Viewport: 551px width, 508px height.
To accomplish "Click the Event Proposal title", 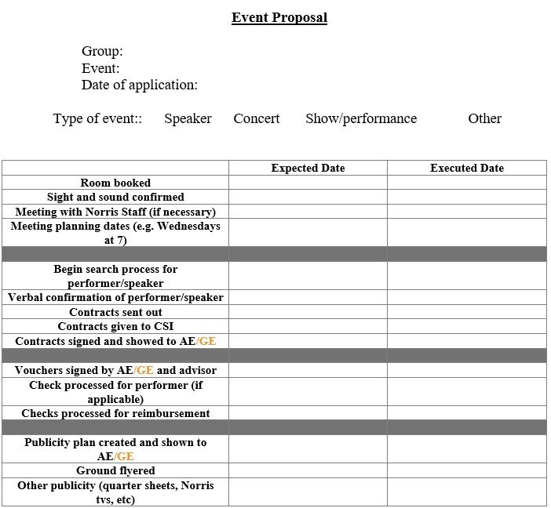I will coord(279,17).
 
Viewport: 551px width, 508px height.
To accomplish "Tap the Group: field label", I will coord(102,52).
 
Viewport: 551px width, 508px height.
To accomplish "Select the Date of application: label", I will coord(139,85).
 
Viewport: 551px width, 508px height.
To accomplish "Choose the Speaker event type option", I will coord(188,118).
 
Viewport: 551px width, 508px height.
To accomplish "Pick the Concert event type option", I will coord(256,118).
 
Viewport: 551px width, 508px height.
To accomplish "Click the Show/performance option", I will coord(361,118).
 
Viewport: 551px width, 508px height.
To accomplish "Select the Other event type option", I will coord(484,118).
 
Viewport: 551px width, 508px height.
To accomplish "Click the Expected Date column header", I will coord(308,168).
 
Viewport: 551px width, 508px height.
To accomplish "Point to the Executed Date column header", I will coord(467,168).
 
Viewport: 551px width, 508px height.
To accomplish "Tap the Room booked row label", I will coord(115,183).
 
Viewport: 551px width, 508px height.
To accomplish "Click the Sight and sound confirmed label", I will coord(115,197).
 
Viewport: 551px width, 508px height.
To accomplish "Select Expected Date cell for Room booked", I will coord(308,183).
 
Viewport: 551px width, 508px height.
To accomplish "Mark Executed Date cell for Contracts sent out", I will coord(467,312).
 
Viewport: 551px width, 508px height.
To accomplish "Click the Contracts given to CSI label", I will coord(115,326).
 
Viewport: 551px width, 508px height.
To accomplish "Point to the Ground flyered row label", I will coord(115,470).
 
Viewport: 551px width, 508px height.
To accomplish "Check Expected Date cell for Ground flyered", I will coord(308,470).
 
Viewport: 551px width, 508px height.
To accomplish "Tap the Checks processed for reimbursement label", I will coord(115,413).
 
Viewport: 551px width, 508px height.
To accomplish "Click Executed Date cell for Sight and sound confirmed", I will coord(467,197).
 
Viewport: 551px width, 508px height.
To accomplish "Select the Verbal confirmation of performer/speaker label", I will coord(115,297).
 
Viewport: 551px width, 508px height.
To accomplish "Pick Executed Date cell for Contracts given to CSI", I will coord(467,326).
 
